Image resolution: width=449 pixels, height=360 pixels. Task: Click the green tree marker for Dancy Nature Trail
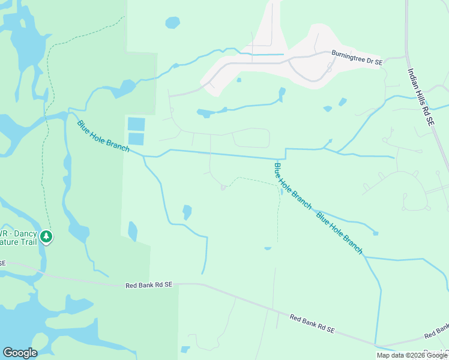[47, 238]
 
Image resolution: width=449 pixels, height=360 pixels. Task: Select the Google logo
[20, 353]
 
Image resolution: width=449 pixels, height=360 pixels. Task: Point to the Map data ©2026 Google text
[411, 355]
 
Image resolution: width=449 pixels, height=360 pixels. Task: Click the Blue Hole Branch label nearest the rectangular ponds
[103, 136]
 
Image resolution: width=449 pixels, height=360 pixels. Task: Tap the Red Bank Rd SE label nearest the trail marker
[149, 286]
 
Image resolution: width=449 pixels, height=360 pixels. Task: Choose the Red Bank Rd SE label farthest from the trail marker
[312, 325]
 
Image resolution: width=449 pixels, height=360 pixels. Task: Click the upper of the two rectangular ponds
[136, 124]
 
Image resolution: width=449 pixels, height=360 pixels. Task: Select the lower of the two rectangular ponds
[136, 139]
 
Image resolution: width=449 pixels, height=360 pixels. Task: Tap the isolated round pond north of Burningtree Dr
[172, 23]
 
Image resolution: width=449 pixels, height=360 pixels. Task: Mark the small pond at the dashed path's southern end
[268, 248]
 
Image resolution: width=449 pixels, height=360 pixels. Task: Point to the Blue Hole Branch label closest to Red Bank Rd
[340, 233]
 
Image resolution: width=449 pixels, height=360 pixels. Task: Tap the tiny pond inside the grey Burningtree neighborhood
[239, 80]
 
